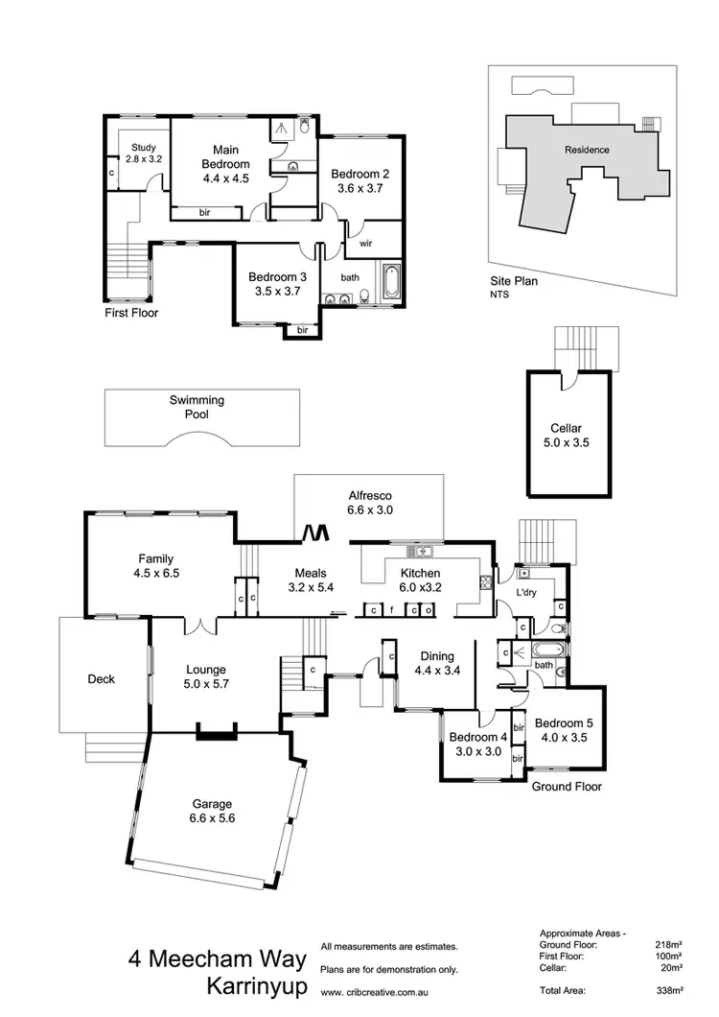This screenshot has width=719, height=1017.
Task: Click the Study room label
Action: (144, 154)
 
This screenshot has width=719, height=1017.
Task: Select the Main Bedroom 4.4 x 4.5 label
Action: (225, 164)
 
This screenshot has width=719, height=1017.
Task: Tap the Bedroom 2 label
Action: (359, 181)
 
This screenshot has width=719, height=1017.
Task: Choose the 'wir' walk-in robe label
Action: (365, 244)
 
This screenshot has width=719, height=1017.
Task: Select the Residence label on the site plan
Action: (587, 150)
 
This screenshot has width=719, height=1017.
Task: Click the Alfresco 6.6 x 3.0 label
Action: (369, 503)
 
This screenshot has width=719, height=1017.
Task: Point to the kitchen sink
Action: (419, 552)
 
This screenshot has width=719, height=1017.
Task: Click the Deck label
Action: (101, 679)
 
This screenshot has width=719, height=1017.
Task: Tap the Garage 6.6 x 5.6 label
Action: (212, 811)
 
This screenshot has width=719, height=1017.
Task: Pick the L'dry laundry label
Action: (526, 594)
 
